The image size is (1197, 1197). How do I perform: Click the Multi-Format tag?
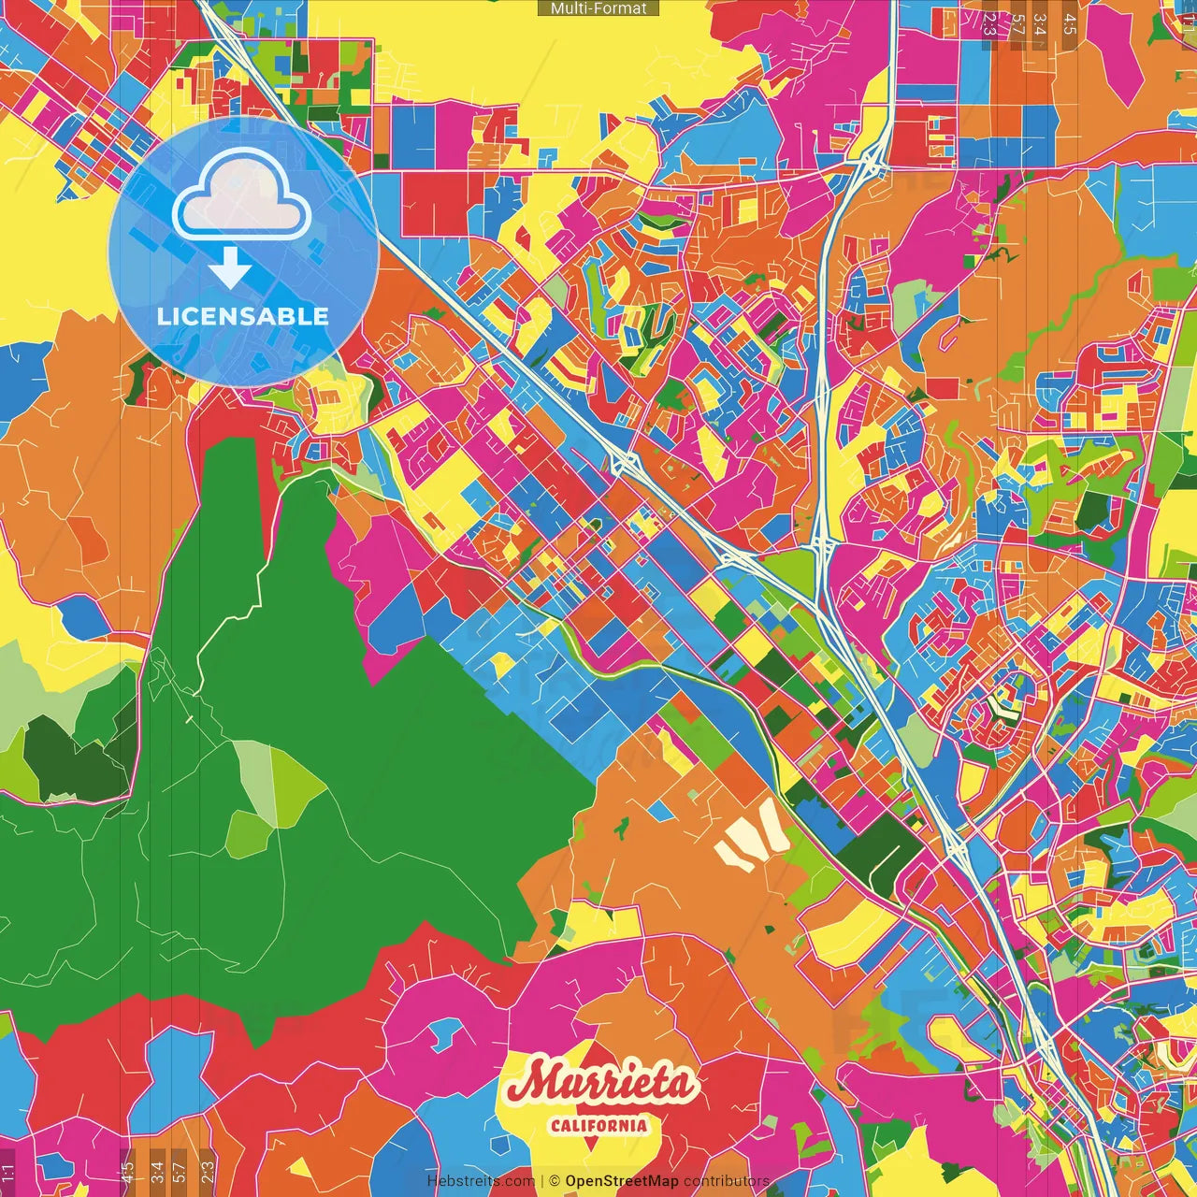[x=598, y=8]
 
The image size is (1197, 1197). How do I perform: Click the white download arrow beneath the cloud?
[x=230, y=269]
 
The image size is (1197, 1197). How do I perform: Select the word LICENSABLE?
[x=243, y=316]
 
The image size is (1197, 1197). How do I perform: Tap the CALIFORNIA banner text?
[x=598, y=1125]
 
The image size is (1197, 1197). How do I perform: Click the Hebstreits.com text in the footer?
[x=481, y=1181]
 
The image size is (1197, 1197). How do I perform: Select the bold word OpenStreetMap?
[x=622, y=1181]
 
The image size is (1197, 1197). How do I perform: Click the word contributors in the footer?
[x=727, y=1181]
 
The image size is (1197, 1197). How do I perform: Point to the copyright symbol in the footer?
[x=555, y=1181]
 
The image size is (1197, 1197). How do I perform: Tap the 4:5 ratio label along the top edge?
[x=1069, y=23]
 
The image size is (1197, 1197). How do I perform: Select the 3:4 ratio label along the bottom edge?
[x=157, y=1169]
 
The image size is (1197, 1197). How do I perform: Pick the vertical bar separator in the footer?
[x=542, y=1181]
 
